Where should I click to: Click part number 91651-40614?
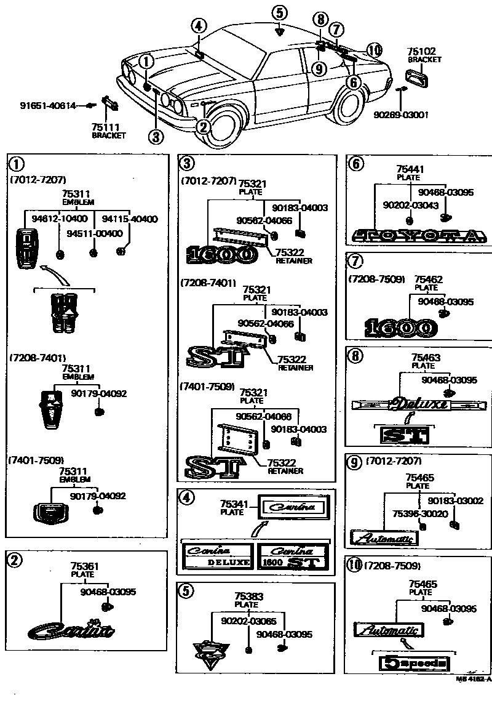click(47, 106)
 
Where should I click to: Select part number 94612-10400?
click(52, 219)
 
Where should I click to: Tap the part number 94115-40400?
click(129, 219)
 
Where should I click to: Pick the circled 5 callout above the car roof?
click(280, 13)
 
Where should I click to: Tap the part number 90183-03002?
click(456, 501)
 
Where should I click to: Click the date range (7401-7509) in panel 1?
click(36, 459)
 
